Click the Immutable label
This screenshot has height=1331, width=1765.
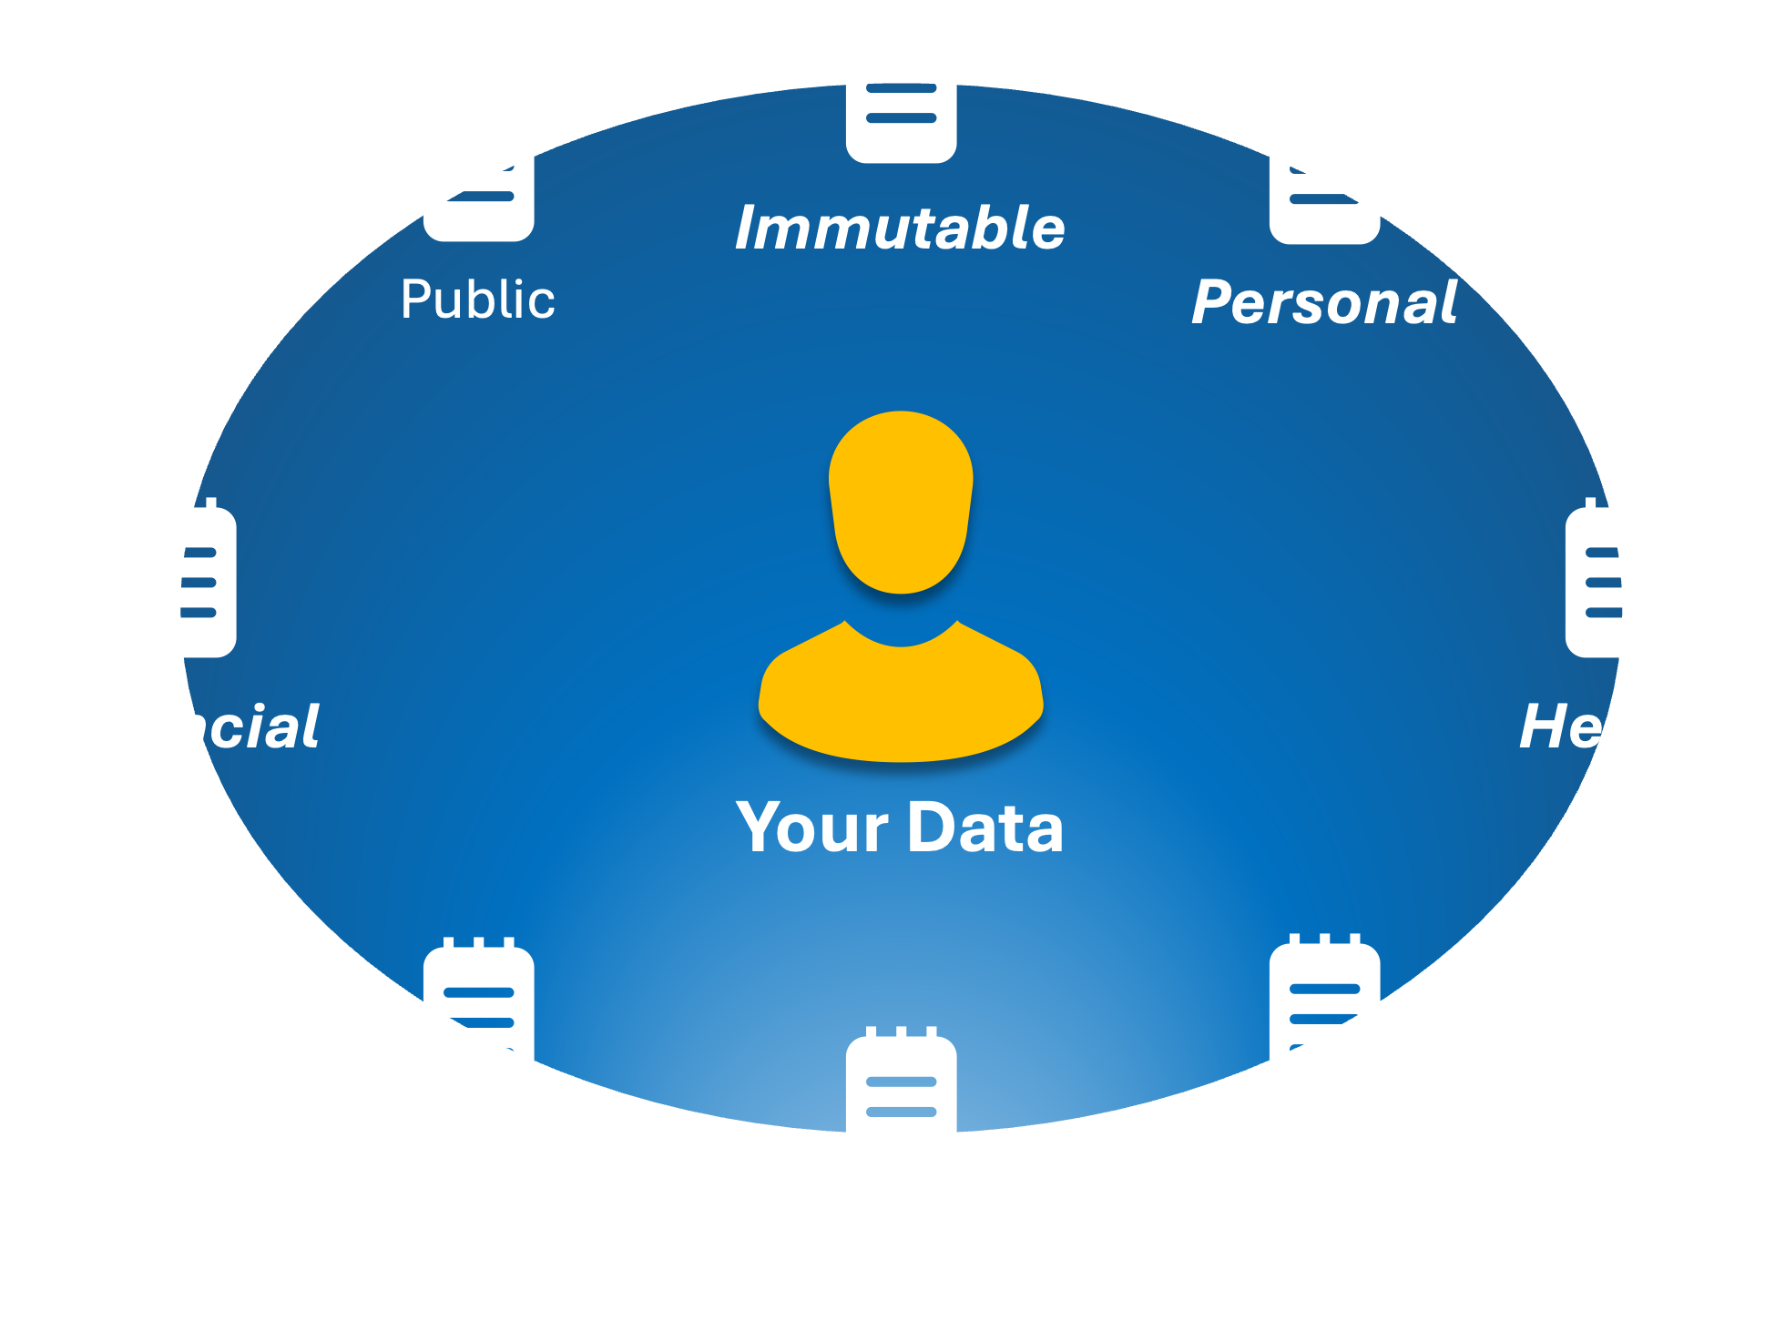900,228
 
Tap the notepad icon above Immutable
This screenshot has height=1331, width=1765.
901,86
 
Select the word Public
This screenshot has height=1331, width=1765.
478,300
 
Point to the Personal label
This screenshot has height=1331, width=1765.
1325,302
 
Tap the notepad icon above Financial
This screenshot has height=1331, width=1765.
180,580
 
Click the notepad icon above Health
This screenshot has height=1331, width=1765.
1620,580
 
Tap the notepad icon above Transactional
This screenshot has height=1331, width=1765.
478,1021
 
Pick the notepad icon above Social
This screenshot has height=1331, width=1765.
901,1110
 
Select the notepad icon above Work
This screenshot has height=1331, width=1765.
1325,1017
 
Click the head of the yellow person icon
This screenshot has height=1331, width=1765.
901,501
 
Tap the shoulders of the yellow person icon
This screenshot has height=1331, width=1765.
901,701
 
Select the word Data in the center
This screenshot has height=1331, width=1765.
985,828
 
